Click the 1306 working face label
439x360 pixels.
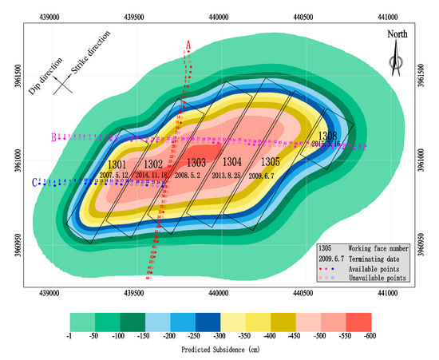click(x=329, y=135)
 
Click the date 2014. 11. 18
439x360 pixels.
click(x=153, y=174)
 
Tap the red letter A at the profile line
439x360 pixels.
click(x=188, y=44)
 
